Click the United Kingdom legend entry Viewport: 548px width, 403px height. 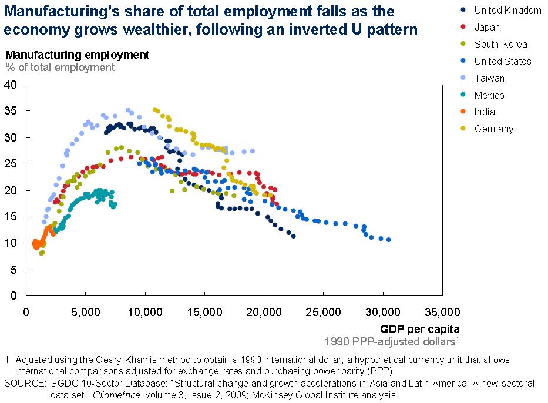[507, 10]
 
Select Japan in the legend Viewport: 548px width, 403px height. [487, 27]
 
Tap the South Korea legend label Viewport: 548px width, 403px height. [500, 44]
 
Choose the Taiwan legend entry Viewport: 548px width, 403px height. [489, 78]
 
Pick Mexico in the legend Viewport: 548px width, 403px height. [489, 95]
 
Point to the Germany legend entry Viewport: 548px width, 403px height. [493, 129]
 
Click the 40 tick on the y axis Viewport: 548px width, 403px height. [12, 85]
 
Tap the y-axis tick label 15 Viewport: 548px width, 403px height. [12, 217]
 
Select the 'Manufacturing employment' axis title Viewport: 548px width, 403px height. [78, 55]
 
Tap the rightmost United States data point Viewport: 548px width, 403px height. [388, 240]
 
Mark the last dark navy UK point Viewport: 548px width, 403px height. [293, 236]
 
